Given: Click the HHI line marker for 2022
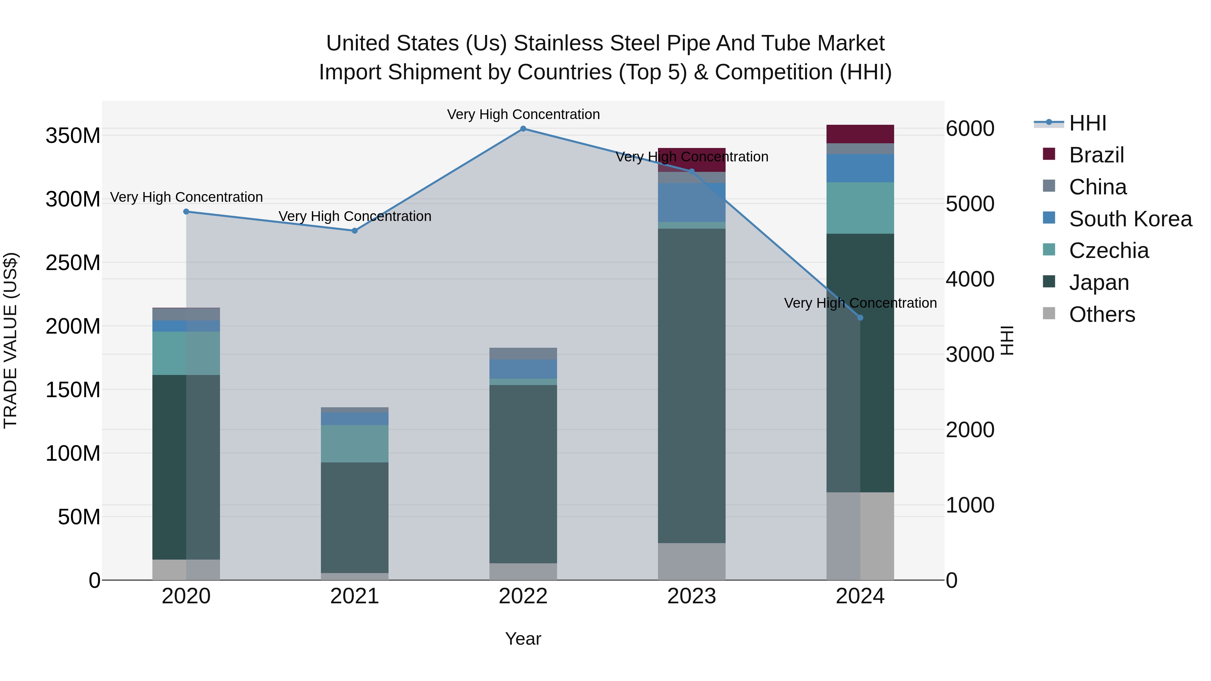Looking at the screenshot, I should [x=523, y=129].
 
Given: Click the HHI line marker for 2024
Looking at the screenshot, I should [x=860, y=318].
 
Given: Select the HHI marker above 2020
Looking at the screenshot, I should [x=186, y=212].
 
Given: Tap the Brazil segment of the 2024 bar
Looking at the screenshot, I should [x=860, y=134].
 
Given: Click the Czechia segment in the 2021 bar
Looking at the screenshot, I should [x=355, y=444].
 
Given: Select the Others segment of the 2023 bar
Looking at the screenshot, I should [x=692, y=561].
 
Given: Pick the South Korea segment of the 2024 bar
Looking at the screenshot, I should [x=860, y=168].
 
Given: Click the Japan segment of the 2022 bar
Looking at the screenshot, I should [x=523, y=474].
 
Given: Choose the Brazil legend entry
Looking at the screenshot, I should [x=1096, y=155].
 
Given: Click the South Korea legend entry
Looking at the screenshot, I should [x=1130, y=219].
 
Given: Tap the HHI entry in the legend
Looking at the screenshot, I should [x=1087, y=123].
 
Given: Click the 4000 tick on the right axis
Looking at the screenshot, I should [x=970, y=279].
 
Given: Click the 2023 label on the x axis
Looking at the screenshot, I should [x=692, y=596].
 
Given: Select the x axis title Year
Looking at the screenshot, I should [x=523, y=639].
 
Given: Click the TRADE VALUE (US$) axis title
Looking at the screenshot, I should [x=10, y=340].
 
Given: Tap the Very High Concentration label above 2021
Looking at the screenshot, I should [x=355, y=216].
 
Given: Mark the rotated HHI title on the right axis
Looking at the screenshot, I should [x=1007, y=340].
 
